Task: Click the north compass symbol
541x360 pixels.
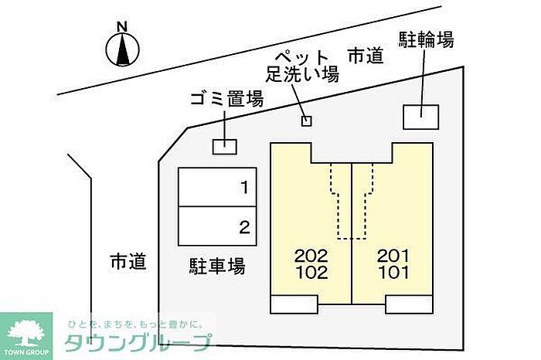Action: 121,50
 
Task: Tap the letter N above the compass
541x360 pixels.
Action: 121,27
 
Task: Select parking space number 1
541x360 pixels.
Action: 217,187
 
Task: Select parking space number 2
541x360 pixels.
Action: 217,226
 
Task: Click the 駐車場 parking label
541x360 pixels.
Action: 217,267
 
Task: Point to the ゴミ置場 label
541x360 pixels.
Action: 226,99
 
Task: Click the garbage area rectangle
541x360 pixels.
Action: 225,145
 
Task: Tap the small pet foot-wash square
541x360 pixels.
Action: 306,121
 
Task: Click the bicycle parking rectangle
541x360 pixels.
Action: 420,116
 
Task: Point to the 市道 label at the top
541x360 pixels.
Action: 365,56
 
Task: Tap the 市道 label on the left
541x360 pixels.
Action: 128,262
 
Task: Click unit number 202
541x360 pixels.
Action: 311,256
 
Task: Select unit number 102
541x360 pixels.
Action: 311,272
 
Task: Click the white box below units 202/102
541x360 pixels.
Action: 294,304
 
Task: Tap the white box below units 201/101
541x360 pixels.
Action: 408,304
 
